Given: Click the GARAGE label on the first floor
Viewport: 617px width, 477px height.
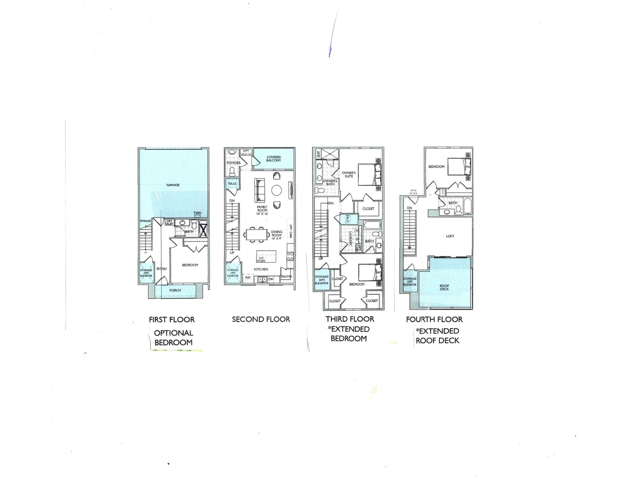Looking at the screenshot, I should [173, 185].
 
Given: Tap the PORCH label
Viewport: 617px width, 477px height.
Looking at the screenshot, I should [175, 290].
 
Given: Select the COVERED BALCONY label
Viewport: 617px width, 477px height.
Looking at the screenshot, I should [273, 159].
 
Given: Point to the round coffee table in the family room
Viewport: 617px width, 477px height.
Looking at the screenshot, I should [277, 190].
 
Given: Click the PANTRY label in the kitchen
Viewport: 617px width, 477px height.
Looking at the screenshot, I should [286, 277].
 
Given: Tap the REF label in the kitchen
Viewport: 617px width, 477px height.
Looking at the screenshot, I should [248, 278].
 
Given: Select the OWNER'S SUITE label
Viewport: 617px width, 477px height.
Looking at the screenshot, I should [349, 175].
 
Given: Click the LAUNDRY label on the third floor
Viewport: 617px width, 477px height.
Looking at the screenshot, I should [350, 238].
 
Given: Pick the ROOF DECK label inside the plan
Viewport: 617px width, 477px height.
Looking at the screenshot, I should [444, 287].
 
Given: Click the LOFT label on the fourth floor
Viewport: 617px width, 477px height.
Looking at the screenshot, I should [450, 236].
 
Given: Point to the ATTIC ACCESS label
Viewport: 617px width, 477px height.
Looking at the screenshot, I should [413, 192].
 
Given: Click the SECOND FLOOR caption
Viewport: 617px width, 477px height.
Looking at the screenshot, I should [261, 319].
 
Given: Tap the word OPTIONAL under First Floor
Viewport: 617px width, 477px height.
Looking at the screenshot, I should [173, 333].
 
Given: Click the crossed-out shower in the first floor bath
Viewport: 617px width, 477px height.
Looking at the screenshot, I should [203, 230].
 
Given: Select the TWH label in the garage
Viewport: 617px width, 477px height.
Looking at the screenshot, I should [197, 213].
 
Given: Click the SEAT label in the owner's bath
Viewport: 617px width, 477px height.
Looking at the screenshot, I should [318, 154].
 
